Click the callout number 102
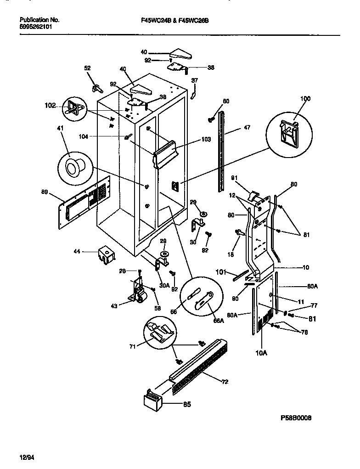[50, 105]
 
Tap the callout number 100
[292, 98]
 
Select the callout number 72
[224, 382]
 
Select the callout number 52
[87, 68]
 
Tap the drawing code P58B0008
[299, 418]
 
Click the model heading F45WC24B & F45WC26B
[174, 20]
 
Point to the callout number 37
[194, 80]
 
